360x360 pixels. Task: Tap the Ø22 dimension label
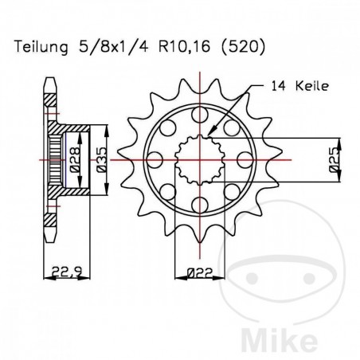[x=200, y=274]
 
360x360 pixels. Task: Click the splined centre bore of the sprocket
[x=200, y=160]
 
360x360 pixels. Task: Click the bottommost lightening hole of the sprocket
[x=200, y=203]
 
